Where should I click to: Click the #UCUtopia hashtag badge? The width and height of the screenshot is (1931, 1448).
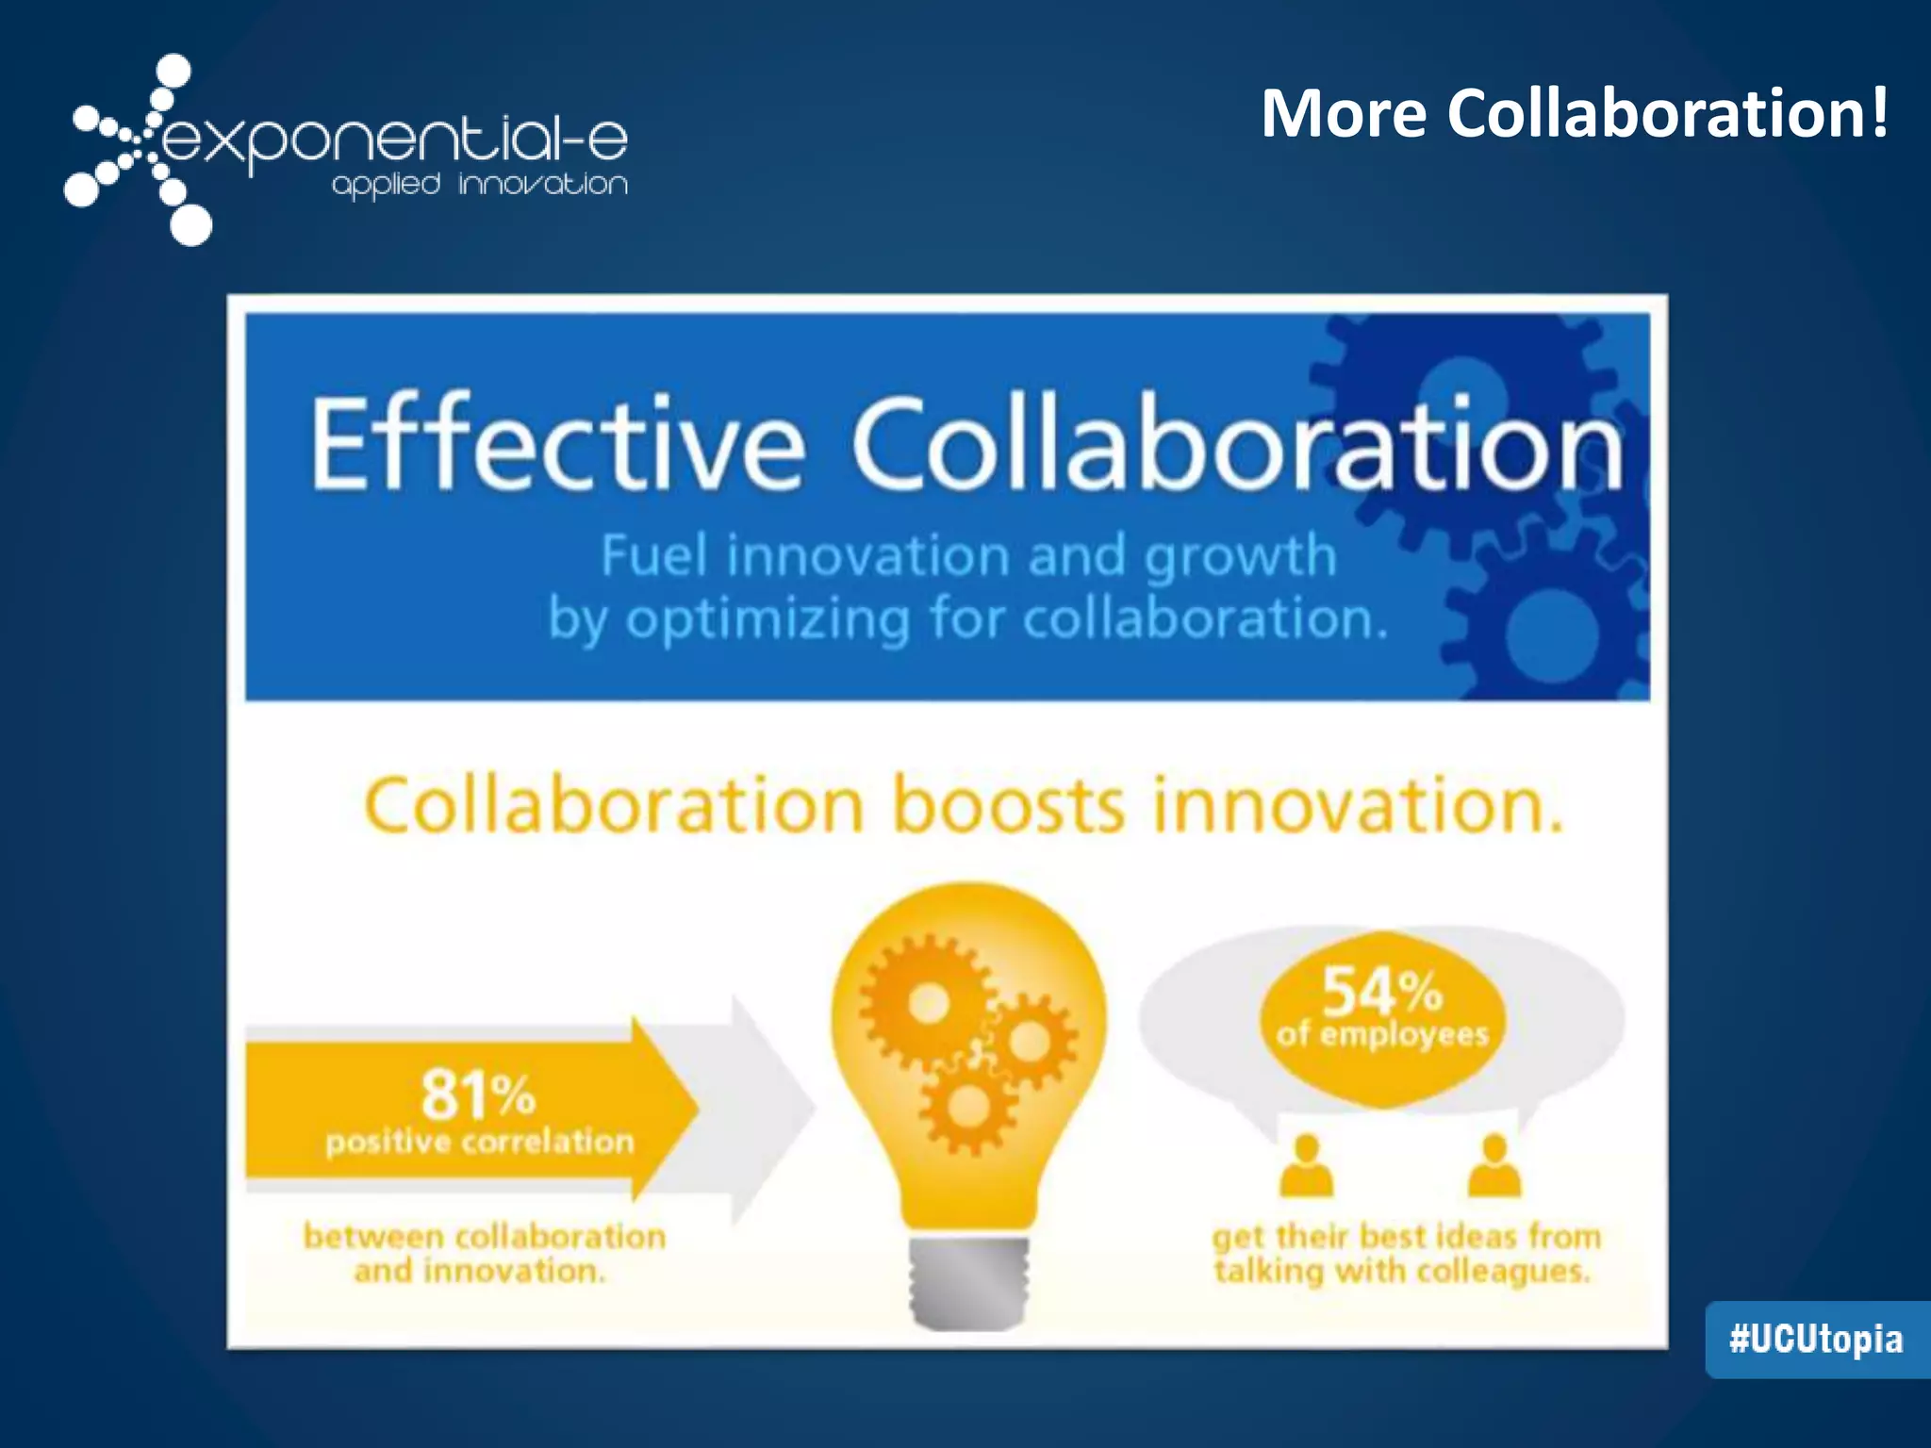1816,1339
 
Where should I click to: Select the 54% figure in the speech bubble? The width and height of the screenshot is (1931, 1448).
1382,990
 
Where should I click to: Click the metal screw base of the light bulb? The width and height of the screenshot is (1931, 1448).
968,1282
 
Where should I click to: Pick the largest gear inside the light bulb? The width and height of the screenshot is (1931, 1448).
929,1002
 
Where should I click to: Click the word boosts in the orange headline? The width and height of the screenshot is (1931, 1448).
1008,807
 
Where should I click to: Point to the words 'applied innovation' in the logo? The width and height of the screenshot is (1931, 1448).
479,185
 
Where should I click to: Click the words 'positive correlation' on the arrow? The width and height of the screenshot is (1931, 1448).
480,1143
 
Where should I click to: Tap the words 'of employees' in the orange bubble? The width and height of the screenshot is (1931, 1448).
1382,1035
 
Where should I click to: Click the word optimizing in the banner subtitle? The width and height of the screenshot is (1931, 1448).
768,620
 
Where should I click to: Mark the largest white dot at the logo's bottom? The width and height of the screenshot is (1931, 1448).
191,225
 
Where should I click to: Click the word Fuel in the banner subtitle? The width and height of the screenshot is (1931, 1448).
654,555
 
